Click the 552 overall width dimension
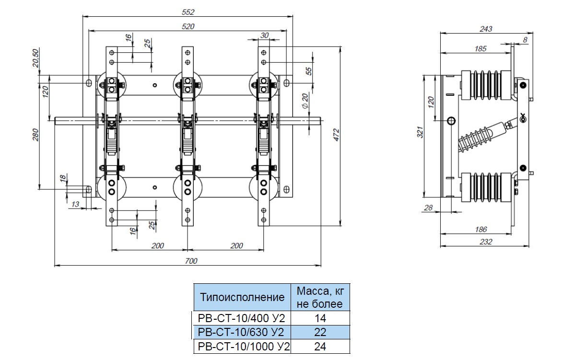(x=188, y=12)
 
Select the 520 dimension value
(x=188, y=27)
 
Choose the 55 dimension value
(x=309, y=71)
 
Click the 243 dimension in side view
(x=486, y=29)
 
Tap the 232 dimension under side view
(x=486, y=242)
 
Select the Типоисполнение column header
(x=242, y=297)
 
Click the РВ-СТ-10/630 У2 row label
(x=241, y=332)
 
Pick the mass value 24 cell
(x=320, y=347)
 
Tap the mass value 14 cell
(x=320, y=317)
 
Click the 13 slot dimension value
(x=75, y=205)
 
